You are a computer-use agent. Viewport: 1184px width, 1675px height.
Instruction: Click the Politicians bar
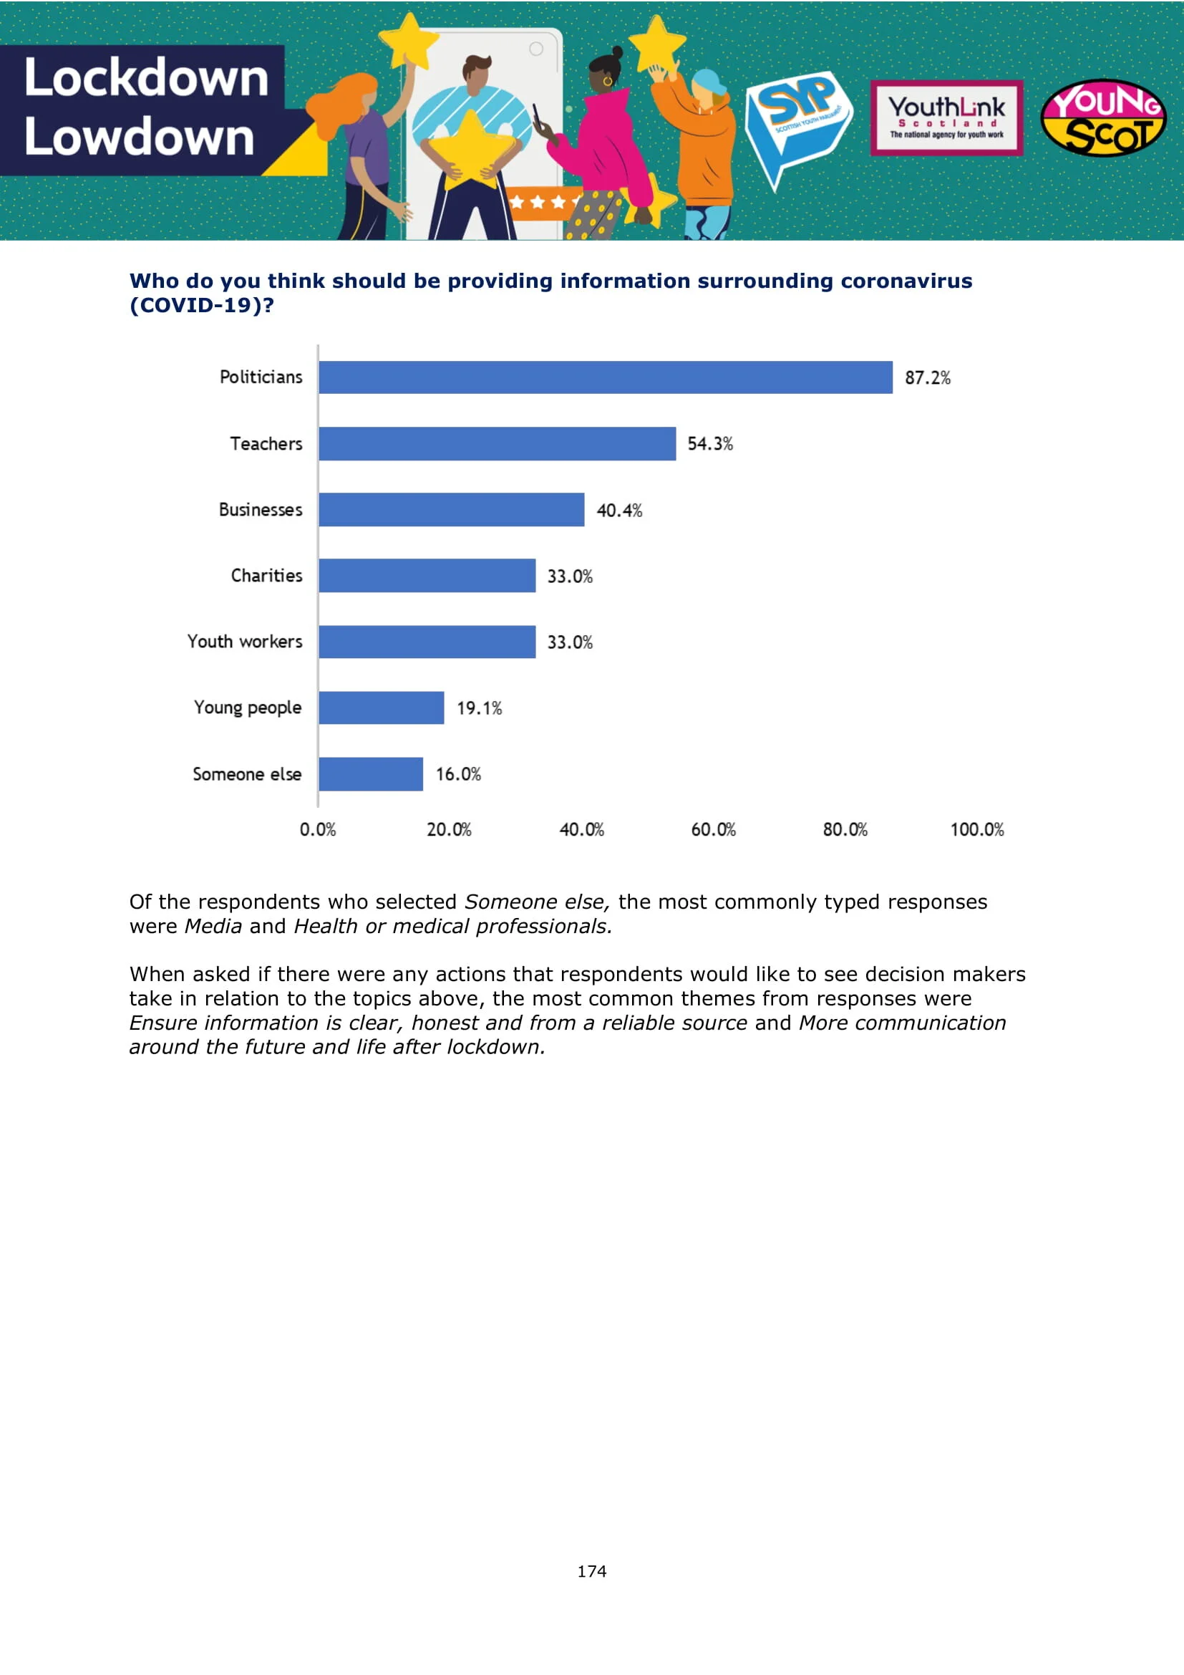coord(605,377)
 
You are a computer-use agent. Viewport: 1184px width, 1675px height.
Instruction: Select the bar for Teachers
coord(498,443)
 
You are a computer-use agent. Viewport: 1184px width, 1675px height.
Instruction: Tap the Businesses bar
coord(451,509)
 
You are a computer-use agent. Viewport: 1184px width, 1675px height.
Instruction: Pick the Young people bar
coord(382,708)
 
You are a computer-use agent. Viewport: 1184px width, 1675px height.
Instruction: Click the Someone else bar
coord(370,774)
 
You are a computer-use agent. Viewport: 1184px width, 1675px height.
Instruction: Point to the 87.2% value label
coord(927,378)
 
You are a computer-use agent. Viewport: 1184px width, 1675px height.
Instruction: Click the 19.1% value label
coord(479,708)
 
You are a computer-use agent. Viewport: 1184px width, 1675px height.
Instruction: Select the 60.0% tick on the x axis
coord(713,829)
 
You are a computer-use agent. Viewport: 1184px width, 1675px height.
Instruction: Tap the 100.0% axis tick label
coord(976,829)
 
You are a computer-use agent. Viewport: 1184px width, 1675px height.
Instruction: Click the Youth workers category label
coord(245,641)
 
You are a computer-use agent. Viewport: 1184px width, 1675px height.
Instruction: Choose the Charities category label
coord(266,576)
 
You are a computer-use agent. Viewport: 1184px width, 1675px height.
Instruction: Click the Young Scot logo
coord(1103,118)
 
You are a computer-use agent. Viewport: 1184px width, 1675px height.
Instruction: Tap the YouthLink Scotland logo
coord(946,117)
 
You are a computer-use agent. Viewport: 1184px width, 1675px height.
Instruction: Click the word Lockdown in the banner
coord(147,77)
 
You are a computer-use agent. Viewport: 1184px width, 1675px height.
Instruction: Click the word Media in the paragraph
coord(213,927)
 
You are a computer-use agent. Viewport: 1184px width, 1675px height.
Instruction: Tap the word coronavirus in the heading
coord(906,281)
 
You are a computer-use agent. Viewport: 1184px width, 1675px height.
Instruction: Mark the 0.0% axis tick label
coord(318,829)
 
